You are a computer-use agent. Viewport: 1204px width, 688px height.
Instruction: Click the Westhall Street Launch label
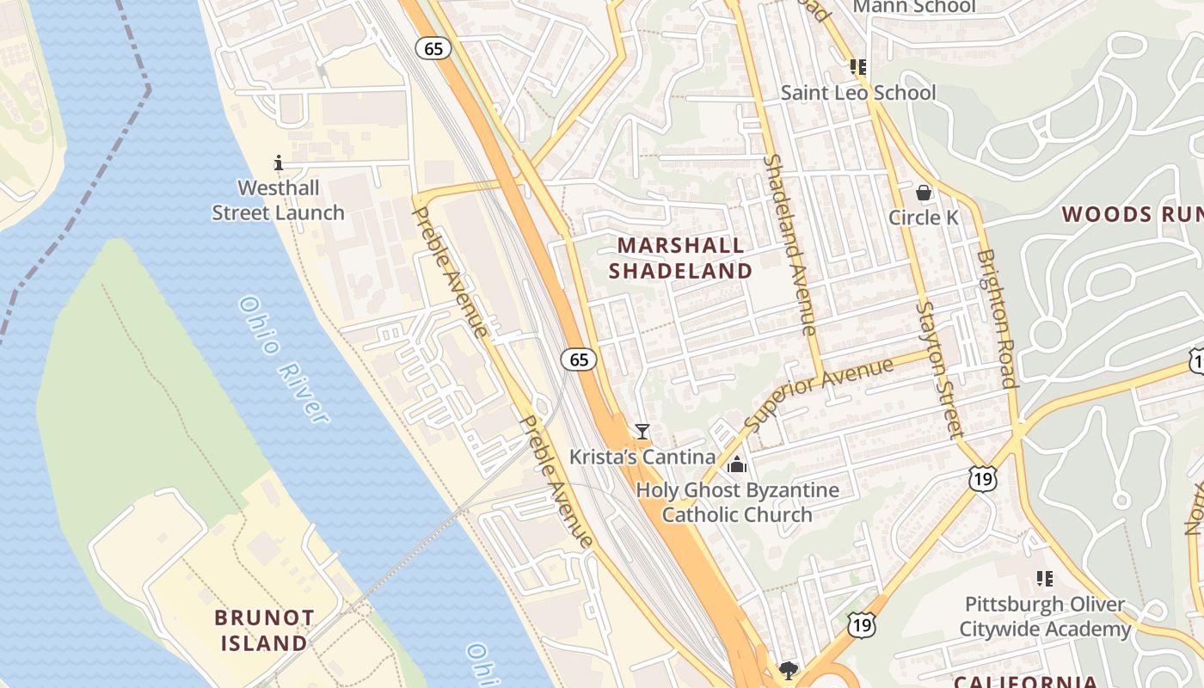[x=278, y=200]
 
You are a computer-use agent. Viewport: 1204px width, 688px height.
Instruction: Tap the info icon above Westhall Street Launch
[x=278, y=162]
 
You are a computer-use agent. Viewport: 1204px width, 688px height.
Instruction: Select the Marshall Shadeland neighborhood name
[x=680, y=258]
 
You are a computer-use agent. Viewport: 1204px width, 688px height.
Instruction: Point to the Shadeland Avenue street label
[x=789, y=245]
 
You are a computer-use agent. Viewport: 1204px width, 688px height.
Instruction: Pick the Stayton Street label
[x=937, y=369]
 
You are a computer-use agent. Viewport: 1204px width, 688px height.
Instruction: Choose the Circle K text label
[x=923, y=218]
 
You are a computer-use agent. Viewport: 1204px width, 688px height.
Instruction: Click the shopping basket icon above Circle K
[x=924, y=193]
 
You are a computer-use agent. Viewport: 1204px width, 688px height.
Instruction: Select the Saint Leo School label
[x=857, y=92]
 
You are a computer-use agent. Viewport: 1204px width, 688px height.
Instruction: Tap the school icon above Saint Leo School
[x=857, y=66]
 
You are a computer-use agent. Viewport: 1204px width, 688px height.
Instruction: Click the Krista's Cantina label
[x=642, y=457]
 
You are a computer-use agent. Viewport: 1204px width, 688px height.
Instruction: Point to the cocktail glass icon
[x=642, y=431]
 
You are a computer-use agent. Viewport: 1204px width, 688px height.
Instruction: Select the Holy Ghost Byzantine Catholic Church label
[x=737, y=502]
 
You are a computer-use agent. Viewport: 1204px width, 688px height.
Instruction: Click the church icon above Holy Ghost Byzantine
[x=737, y=465]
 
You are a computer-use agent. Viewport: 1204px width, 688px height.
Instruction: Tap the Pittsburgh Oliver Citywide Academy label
[x=1044, y=617]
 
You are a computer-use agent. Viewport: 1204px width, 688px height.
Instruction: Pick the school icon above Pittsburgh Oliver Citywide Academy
[x=1044, y=579]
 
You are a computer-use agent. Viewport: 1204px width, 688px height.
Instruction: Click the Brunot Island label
[x=264, y=630]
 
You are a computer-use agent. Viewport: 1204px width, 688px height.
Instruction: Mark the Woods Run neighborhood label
[x=1132, y=214]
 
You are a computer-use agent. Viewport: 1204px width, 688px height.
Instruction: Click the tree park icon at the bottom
[x=787, y=670]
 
